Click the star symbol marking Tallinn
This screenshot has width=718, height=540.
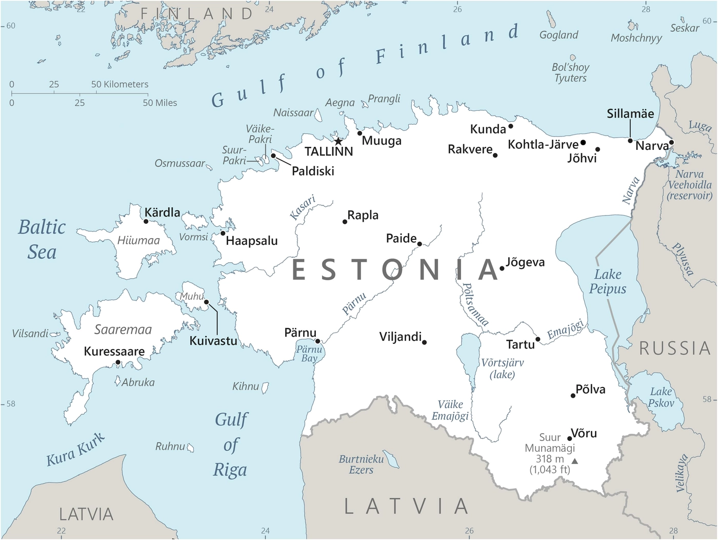coord(338,141)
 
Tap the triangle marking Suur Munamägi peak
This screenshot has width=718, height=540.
coord(575,461)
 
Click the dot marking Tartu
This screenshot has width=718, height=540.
coord(537,339)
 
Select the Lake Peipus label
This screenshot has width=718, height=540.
coord(608,282)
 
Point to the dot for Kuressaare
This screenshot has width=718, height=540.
coord(118,362)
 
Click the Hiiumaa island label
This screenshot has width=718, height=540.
coord(138,240)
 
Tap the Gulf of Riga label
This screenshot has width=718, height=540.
coord(231,445)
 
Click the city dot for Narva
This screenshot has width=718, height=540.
coord(671,143)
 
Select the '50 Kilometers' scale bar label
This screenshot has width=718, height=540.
coord(119,84)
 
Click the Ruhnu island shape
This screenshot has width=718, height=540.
coord(190,448)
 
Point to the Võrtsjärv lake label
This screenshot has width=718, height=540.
coord(502,369)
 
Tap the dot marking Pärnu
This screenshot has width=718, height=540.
coord(317,341)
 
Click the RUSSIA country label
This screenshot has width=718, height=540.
coord(674,349)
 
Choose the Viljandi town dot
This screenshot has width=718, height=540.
coord(424,342)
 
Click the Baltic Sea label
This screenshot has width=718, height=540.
coord(42,239)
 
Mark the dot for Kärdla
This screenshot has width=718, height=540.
coord(146,222)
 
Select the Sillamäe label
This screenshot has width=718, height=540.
coord(630,114)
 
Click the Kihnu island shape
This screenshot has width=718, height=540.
coord(265,388)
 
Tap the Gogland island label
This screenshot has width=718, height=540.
coord(559,35)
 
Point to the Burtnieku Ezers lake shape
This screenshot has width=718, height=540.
coord(392,459)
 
